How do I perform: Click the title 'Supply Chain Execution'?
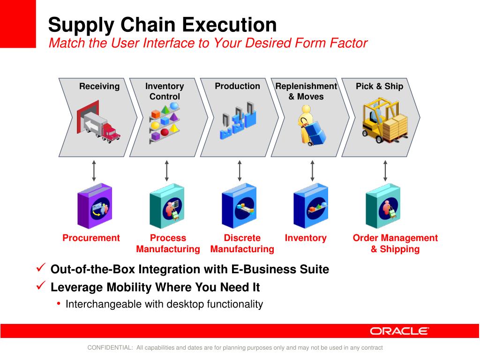click(163, 24)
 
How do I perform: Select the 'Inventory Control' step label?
click(165, 91)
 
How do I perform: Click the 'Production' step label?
click(237, 86)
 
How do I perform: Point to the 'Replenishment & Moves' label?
click(306, 91)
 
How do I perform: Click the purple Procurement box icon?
click(95, 206)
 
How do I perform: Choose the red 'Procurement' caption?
click(91, 238)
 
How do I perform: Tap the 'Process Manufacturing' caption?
click(168, 244)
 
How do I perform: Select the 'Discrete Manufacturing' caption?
click(242, 244)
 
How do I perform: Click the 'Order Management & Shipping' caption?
click(395, 244)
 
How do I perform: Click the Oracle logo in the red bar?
click(399, 331)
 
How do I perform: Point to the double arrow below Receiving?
click(94, 171)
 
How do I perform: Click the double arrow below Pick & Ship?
click(385, 171)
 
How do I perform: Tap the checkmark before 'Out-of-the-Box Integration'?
click(41, 269)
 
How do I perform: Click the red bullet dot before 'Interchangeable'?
click(59, 304)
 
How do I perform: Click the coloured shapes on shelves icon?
click(165, 123)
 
